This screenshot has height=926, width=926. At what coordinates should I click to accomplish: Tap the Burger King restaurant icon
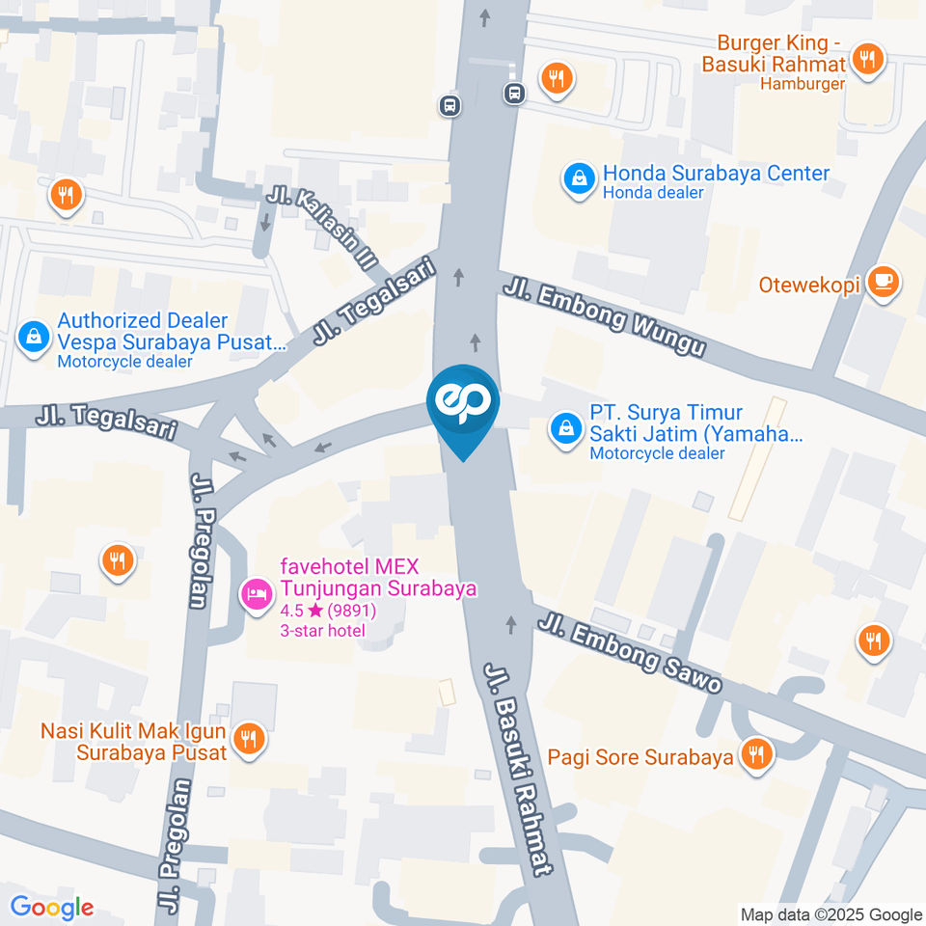(x=868, y=59)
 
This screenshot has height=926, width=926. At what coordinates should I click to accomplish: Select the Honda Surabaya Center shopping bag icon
(x=579, y=179)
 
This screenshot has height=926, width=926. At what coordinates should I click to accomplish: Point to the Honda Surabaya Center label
(x=716, y=174)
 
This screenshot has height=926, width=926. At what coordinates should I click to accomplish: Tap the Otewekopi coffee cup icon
(x=883, y=282)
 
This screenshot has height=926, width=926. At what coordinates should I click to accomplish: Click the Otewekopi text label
(x=808, y=286)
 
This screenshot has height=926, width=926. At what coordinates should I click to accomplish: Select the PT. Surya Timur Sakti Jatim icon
(x=564, y=429)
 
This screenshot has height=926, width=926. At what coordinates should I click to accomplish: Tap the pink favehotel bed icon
(x=255, y=592)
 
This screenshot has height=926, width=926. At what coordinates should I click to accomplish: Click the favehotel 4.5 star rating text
(x=328, y=611)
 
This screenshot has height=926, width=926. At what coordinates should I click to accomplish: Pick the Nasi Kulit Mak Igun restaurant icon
(x=250, y=739)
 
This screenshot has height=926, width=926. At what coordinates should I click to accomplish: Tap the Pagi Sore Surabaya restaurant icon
(x=755, y=754)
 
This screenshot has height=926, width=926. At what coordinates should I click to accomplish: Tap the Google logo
(x=52, y=907)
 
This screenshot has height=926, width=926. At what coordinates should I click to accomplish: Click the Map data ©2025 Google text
(x=831, y=914)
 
